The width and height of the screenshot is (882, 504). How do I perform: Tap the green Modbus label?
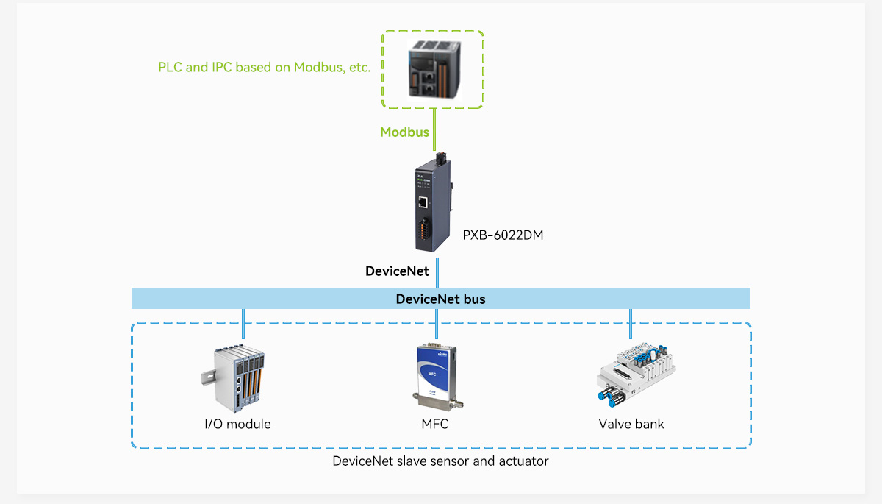pos(404,132)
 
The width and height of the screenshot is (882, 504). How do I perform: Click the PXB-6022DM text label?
pos(503,235)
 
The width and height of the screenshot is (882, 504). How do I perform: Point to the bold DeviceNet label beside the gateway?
pos(397,271)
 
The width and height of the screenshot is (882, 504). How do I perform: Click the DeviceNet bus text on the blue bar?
pos(440,299)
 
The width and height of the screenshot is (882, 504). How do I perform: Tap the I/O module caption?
pos(237,424)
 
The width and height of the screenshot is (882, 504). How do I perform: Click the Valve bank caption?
pos(631,424)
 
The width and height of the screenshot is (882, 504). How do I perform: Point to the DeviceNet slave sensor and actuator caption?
pos(440,461)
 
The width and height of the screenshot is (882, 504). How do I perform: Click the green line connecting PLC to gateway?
pos(437,129)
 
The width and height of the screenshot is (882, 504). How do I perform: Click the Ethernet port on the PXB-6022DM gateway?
pos(424,200)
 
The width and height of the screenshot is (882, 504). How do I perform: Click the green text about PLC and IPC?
pos(264,67)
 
